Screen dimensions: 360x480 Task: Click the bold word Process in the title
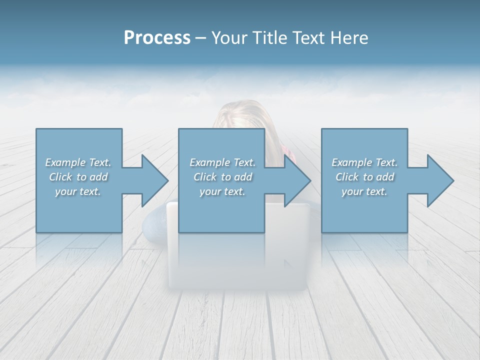157,38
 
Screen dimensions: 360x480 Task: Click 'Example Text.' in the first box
78,162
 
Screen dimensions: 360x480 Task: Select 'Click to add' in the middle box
222,177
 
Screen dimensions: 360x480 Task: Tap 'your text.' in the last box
364,191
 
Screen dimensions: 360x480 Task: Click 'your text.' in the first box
78,191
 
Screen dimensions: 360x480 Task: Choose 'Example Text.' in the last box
364,162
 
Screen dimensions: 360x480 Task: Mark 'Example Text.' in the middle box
222,162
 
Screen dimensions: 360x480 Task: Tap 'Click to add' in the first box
78,177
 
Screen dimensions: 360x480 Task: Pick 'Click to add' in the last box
364,177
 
